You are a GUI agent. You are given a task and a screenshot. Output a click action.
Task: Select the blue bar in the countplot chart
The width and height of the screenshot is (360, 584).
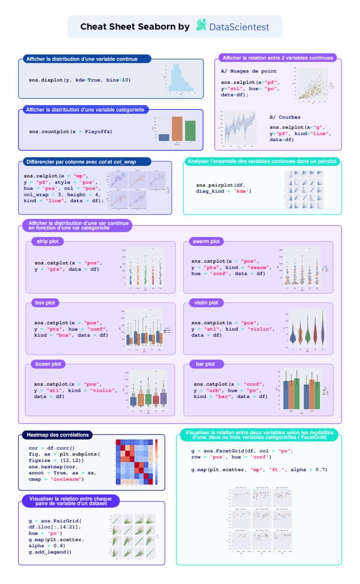164,137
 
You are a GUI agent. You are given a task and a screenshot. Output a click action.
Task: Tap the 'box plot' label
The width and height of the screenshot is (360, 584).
45,303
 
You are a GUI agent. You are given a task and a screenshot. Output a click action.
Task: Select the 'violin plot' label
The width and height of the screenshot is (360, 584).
206,303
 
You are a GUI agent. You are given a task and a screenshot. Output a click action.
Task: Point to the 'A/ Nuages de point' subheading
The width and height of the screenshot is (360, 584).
248,71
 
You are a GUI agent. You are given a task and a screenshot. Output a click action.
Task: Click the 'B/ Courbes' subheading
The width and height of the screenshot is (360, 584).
285,117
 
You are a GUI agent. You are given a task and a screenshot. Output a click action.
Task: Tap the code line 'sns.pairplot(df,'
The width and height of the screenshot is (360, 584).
220,185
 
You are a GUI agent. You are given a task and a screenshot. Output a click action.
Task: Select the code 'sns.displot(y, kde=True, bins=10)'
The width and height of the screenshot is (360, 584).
80,80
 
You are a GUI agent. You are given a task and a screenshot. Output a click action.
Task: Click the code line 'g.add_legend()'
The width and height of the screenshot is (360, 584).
50,552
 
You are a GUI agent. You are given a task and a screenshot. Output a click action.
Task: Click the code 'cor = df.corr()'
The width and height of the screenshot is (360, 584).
52,448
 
